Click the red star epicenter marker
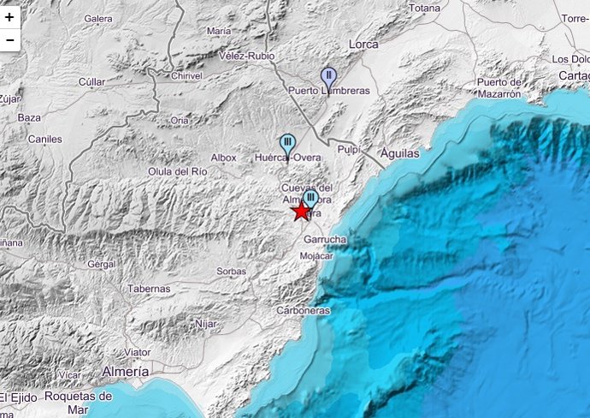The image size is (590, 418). click(302, 212)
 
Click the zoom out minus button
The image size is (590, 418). click(9, 39)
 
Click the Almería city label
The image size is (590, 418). click(126, 372)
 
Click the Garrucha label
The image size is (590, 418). click(325, 240)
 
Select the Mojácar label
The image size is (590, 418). click(317, 256)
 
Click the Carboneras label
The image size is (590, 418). click(303, 311)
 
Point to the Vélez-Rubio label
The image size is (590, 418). click(247, 56)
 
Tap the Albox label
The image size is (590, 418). click(223, 158)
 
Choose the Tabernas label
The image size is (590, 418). click(149, 289)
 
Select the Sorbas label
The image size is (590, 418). click(231, 271)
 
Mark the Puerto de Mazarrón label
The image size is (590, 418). click(499, 87)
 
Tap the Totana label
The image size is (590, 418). click(424, 8)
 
